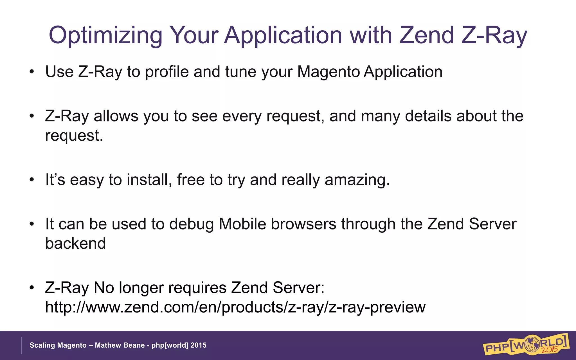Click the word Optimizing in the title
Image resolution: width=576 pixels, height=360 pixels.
(105, 35)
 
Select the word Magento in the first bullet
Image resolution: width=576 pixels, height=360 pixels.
(328, 72)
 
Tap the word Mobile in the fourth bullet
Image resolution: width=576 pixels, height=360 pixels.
(242, 224)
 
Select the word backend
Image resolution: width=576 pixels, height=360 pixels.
(75, 243)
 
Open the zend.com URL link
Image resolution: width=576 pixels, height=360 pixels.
(235, 307)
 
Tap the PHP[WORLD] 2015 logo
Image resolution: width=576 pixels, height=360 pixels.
(526, 345)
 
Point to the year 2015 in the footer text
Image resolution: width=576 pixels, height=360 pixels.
(198, 345)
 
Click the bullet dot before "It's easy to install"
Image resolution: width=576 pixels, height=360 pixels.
(32, 180)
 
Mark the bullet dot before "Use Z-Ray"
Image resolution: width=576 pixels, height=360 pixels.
(32, 72)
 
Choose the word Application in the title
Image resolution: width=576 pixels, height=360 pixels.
(283, 35)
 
